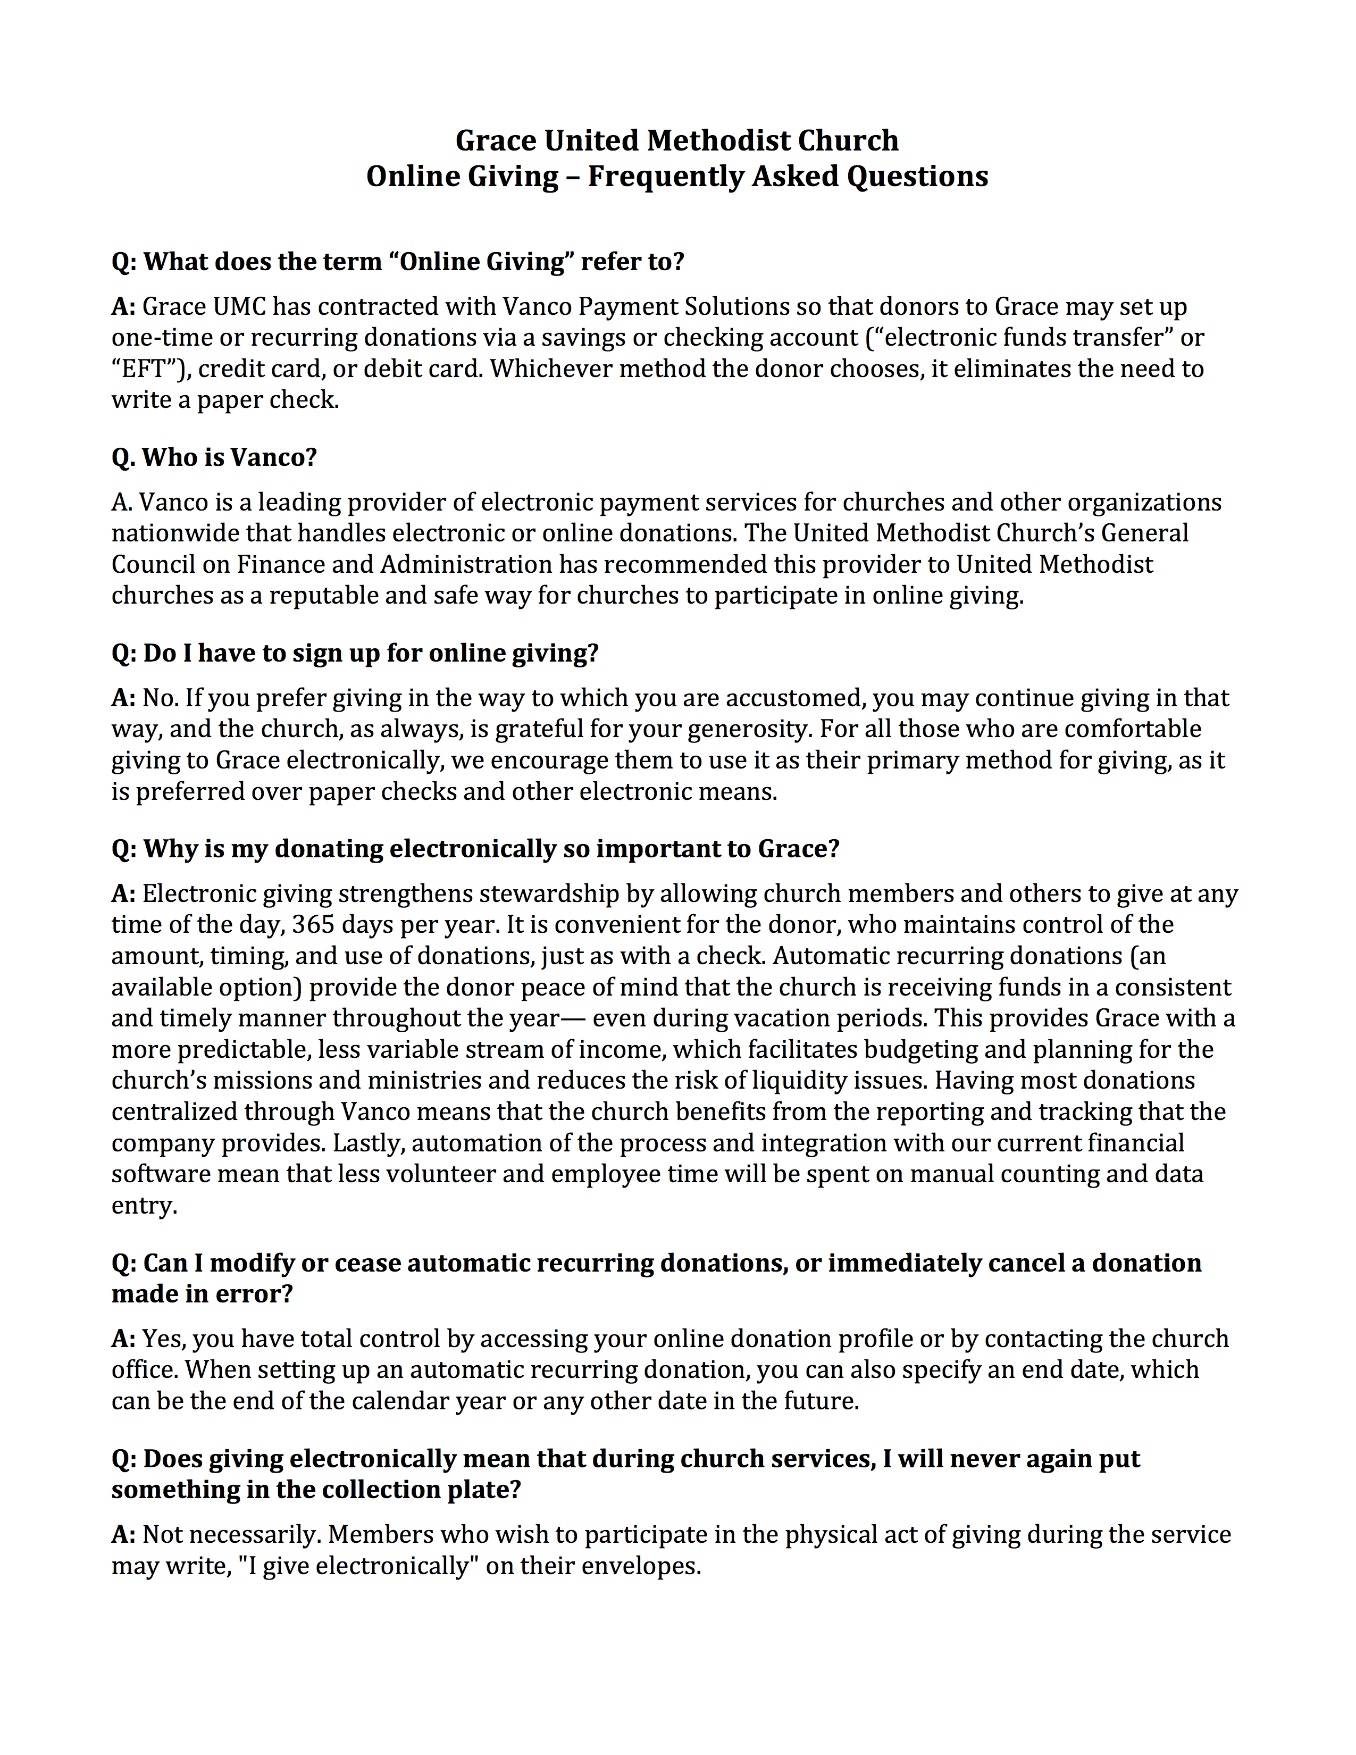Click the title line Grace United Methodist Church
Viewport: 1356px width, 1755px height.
pyautogui.click(x=676, y=140)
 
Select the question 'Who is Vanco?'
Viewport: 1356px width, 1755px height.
pyautogui.click(x=214, y=457)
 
